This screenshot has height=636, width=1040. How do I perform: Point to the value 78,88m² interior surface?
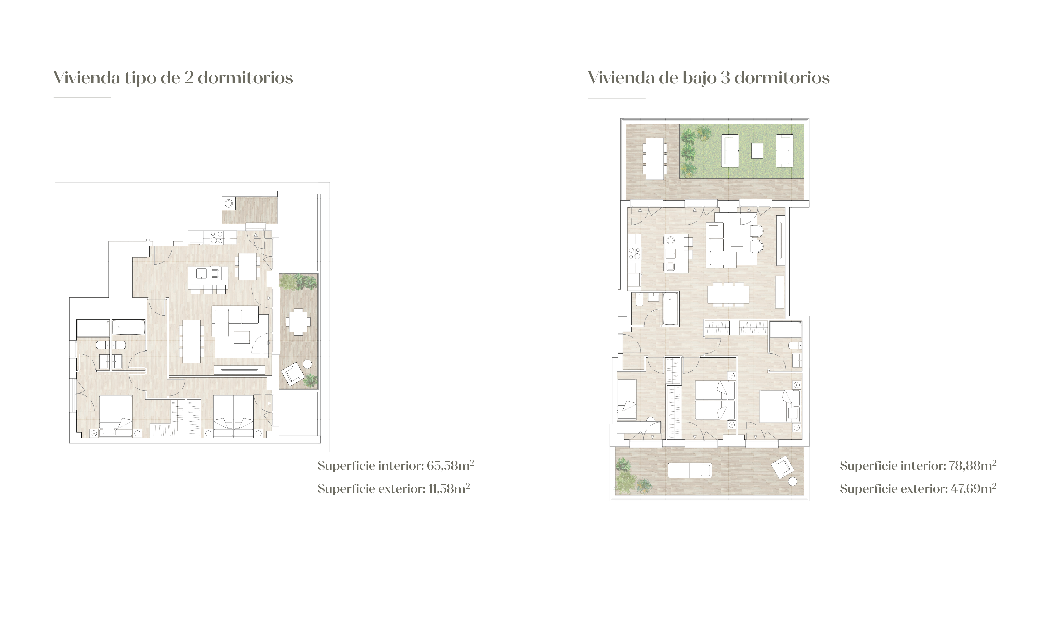point(972,466)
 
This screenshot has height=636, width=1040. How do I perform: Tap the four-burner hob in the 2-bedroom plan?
point(217,238)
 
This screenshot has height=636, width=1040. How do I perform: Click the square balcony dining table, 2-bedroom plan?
point(298,322)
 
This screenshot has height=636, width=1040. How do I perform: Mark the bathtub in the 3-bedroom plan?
point(670,309)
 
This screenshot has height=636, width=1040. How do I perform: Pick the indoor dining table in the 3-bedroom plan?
point(729,294)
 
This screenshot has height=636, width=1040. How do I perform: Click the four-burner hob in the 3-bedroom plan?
point(634,254)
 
